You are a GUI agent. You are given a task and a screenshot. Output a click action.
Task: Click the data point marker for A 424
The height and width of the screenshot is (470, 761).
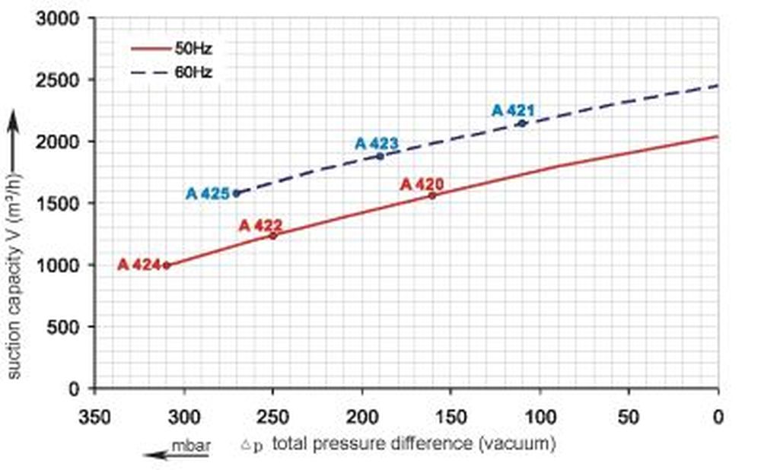(x=167, y=265)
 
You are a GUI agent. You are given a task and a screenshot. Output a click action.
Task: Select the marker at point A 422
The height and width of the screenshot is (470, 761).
(x=273, y=236)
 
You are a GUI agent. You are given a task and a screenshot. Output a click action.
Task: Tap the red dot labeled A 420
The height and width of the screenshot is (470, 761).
(x=432, y=195)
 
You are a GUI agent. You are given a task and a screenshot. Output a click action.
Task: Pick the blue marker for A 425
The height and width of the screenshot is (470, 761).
(x=236, y=193)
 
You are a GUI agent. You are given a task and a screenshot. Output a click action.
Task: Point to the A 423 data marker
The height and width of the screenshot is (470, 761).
(x=380, y=156)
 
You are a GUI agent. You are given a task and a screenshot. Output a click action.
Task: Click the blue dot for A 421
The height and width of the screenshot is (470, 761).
(x=521, y=123)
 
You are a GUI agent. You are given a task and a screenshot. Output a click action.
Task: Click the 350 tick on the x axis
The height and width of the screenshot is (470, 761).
(x=95, y=416)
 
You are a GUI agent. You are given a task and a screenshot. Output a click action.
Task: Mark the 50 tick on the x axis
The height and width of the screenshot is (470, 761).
(x=629, y=416)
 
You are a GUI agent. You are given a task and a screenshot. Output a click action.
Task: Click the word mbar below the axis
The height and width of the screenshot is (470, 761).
(x=190, y=442)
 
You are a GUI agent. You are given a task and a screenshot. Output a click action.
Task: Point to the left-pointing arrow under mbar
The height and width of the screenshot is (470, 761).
(x=166, y=455)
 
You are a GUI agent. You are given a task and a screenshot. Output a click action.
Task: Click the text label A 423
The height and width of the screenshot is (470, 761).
(x=377, y=143)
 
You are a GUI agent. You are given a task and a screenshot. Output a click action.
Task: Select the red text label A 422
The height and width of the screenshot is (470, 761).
(x=261, y=225)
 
